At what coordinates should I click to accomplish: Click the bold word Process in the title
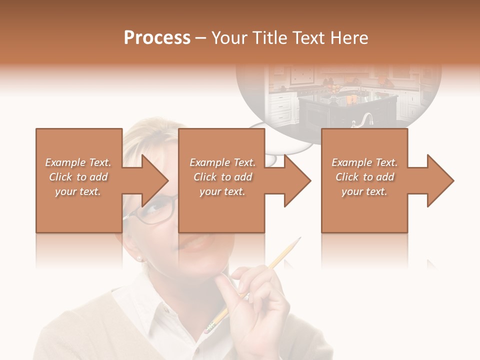(x=157, y=38)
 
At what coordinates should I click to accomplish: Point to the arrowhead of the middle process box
(x=296, y=180)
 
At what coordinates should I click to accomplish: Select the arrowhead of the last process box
(x=439, y=180)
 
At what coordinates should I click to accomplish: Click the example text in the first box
(x=78, y=177)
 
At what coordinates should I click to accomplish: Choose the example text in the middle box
(x=222, y=177)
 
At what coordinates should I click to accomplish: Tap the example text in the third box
(x=364, y=177)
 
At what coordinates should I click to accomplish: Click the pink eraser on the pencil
(x=209, y=327)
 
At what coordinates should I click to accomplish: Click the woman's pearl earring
(x=140, y=258)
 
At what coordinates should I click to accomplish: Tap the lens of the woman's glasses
(x=159, y=210)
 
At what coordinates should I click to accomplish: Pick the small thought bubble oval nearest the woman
(x=270, y=160)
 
